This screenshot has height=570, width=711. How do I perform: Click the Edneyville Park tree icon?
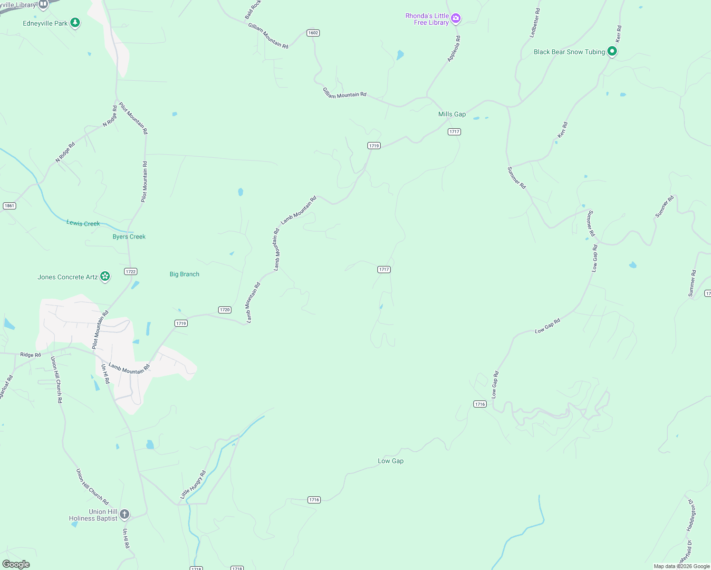(x=75, y=22)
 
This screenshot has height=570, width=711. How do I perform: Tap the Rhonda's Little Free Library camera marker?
(x=456, y=19)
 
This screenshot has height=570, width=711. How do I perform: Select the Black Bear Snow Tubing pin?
(x=612, y=51)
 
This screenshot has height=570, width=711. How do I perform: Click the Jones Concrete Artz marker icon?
(x=105, y=276)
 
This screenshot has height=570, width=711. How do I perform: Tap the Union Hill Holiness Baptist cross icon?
(x=125, y=514)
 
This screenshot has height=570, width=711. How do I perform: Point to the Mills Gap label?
(x=452, y=114)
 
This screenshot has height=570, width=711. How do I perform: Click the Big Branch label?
(x=184, y=274)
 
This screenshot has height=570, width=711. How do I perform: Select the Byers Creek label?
(x=129, y=237)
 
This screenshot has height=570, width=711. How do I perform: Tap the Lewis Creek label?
(x=83, y=223)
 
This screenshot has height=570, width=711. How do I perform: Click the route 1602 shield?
(x=313, y=33)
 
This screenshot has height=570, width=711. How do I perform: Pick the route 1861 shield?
(x=10, y=206)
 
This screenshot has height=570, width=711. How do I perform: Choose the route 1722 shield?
(x=131, y=272)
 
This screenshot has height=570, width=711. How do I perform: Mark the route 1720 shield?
(x=225, y=310)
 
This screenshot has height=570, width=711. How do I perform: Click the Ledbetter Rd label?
(x=535, y=23)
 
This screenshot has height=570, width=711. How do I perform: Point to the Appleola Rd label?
(x=454, y=48)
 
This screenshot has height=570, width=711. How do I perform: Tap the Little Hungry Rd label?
(x=193, y=484)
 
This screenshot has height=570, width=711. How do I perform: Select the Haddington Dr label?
(x=691, y=515)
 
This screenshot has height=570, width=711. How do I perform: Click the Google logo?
(x=16, y=564)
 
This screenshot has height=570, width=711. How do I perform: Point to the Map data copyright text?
(x=682, y=566)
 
